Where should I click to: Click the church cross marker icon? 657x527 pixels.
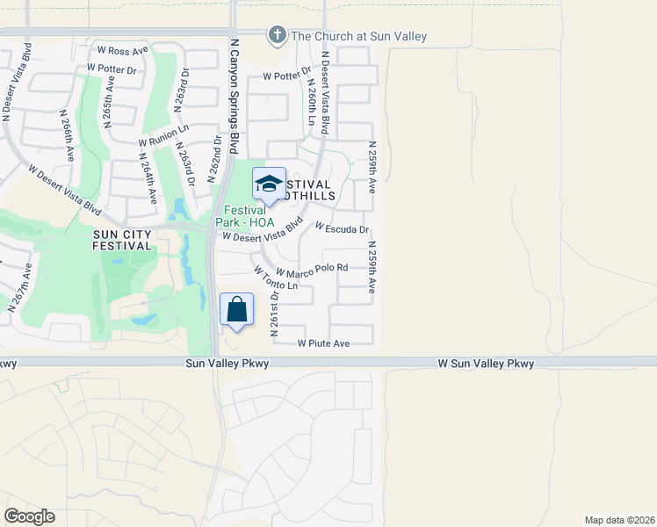277,35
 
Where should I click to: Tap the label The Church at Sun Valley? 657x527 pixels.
358,36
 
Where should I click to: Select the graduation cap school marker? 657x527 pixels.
269,184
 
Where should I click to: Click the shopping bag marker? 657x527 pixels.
236,310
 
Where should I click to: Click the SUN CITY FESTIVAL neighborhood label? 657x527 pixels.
123,240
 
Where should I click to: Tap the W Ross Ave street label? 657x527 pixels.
124,51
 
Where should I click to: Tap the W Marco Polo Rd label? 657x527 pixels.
313,267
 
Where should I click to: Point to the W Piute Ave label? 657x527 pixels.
324,343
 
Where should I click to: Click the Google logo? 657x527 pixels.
29,516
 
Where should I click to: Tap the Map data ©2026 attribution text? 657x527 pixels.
619,520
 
